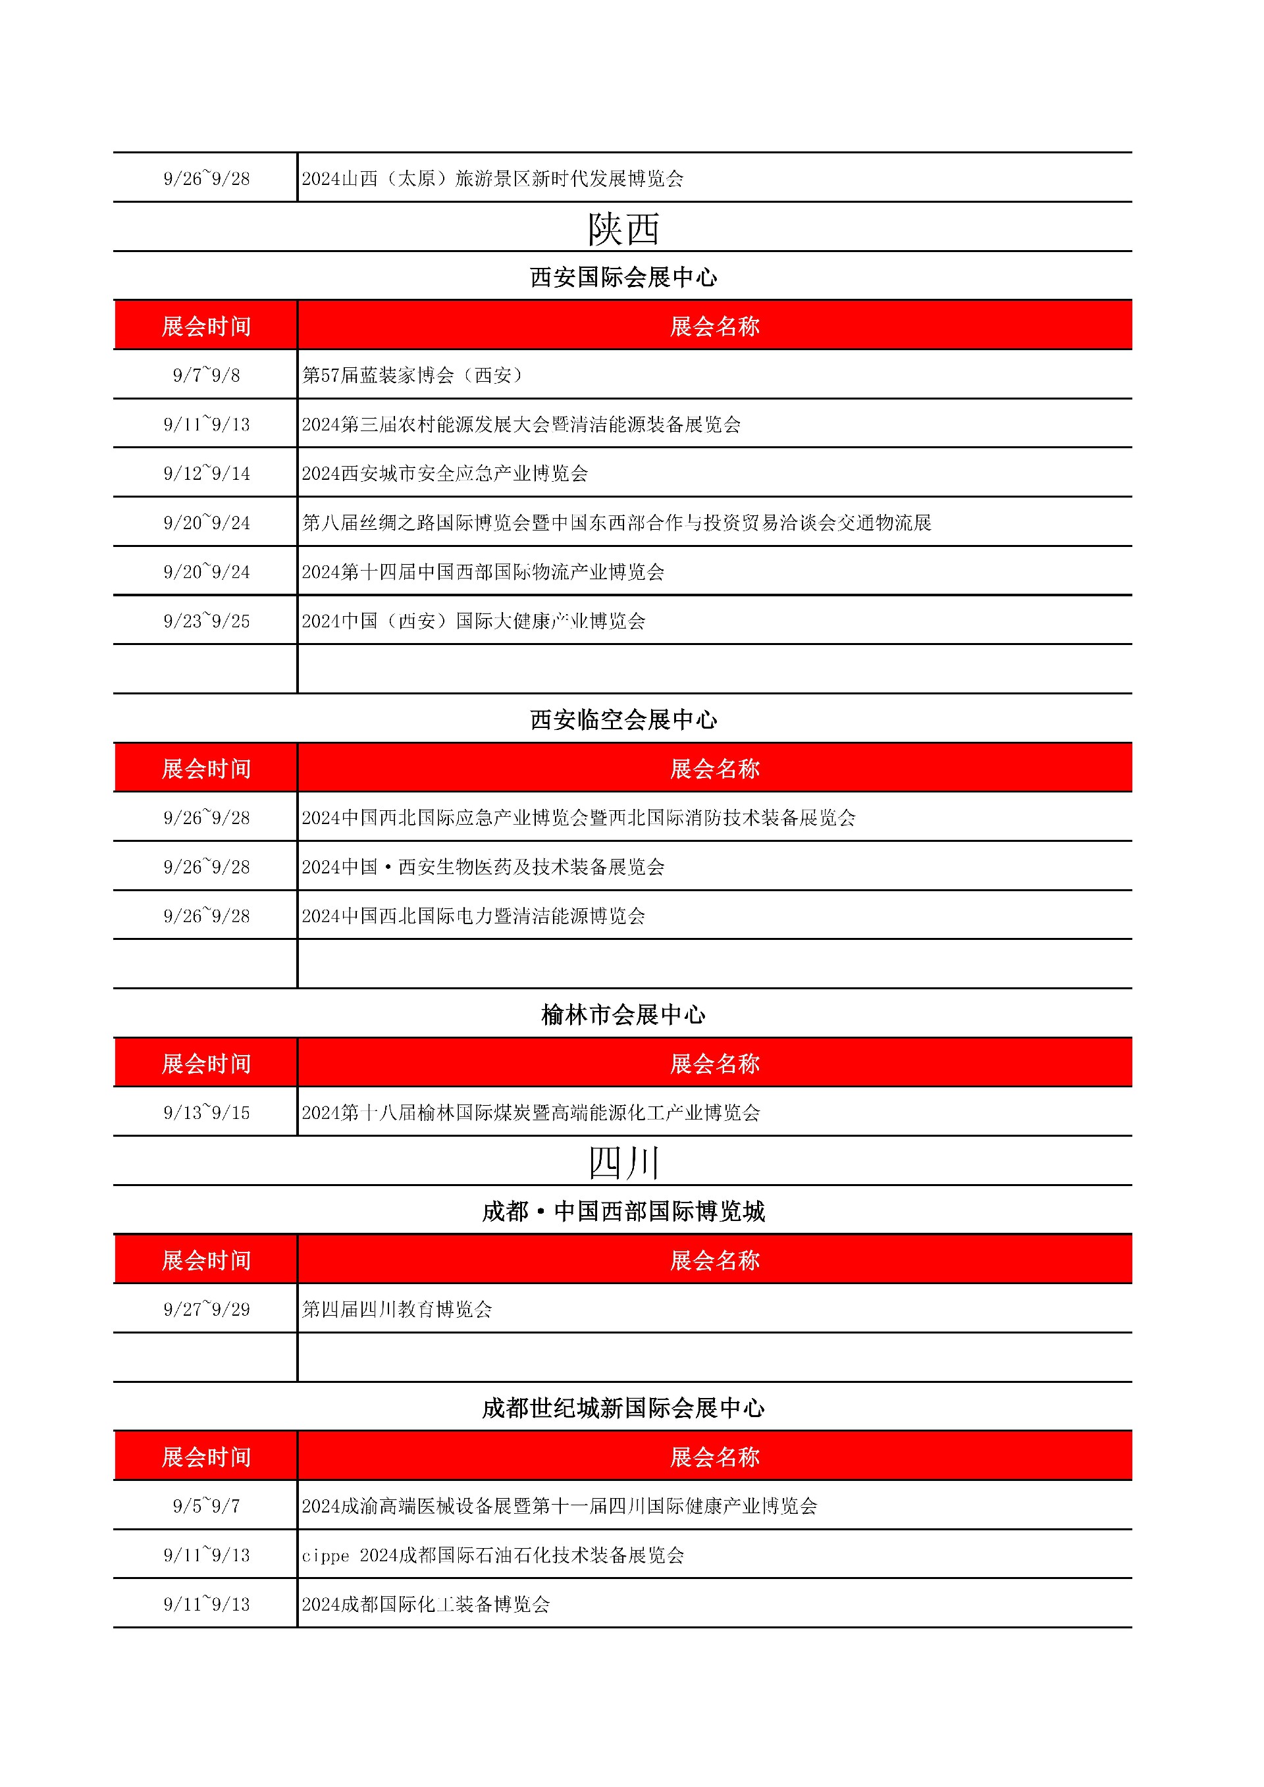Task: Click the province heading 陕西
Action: point(623,229)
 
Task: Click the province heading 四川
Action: point(623,1163)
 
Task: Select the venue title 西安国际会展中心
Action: point(623,277)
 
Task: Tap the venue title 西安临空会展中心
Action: point(623,720)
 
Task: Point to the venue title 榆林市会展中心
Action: point(623,1015)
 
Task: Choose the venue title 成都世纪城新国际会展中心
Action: point(623,1408)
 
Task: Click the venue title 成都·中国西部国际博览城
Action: point(623,1212)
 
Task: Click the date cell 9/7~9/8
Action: point(206,375)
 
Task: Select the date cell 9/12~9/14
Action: point(206,473)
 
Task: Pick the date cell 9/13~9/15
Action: point(206,1113)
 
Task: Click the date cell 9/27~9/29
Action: point(206,1309)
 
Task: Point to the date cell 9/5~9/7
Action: point(206,1506)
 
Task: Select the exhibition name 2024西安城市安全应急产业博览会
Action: point(444,473)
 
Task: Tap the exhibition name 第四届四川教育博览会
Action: point(397,1309)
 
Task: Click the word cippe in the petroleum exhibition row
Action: point(325,1556)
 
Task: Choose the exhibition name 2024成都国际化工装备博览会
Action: point(425,1604)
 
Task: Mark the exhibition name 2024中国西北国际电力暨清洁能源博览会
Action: point(473,916)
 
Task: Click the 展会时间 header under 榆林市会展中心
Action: point(206,1063)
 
